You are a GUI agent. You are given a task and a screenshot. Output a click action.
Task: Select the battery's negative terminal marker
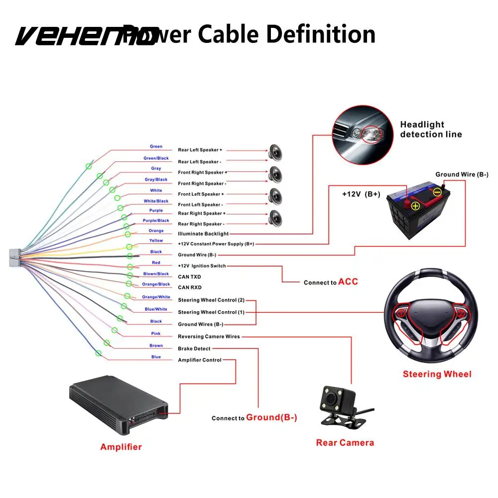point(436,192)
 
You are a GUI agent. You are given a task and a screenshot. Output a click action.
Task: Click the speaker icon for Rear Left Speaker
point(275,151)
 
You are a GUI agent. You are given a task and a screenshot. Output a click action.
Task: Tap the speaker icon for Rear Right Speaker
point(275,217)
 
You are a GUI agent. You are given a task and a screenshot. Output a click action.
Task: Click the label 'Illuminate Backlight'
point(203,234)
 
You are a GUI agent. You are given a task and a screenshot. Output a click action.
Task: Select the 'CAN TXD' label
point(189,276)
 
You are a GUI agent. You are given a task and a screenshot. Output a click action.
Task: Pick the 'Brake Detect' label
point(194,349)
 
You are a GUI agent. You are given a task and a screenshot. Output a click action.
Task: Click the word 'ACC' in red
point(348,282)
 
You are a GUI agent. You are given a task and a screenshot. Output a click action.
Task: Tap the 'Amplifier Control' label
point(200,360)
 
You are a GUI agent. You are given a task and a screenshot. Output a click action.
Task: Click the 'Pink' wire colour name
point(156,334)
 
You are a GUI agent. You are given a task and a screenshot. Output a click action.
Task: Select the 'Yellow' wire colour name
point(156,241)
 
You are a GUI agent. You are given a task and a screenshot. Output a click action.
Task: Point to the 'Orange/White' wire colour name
point(156,297)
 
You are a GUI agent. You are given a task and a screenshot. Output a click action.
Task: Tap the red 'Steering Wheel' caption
point(437,374)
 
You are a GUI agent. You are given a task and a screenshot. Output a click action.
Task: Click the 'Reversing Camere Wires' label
point(209,337)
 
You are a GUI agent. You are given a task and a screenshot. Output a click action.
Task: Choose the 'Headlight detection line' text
point(431,129)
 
